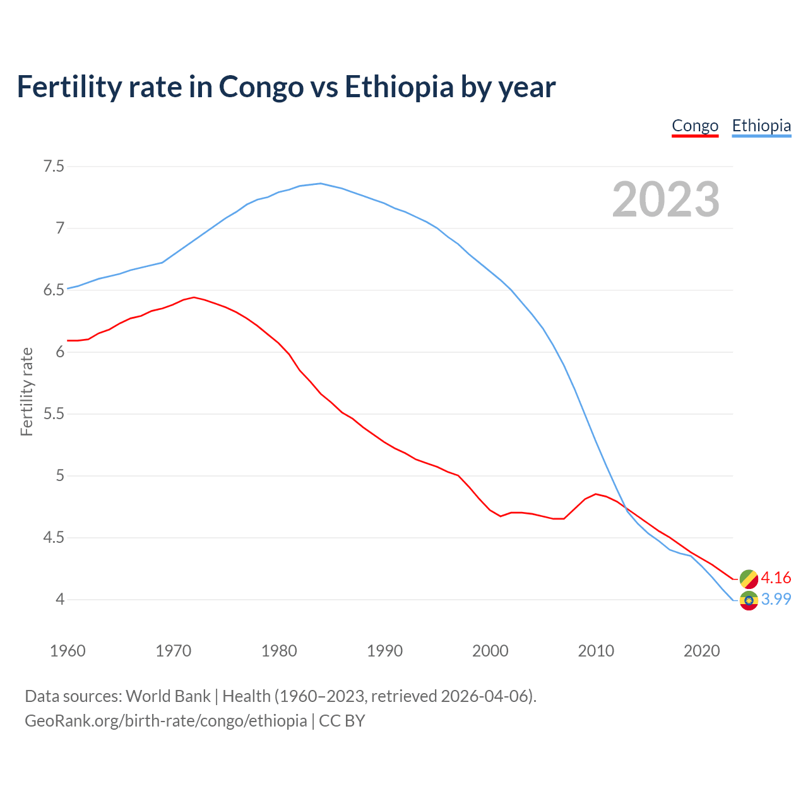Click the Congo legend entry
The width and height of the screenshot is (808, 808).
pos(695,126)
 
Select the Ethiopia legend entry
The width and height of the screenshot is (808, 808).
pos(761,126)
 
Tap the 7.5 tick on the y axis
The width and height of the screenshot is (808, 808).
pos(54,167)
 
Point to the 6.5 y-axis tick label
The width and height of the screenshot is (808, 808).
pos(54,290)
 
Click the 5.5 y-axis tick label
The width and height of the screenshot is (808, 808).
pos(54,414)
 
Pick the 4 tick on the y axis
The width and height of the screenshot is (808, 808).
pos(60,599)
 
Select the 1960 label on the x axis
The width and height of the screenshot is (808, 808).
pos(68,651)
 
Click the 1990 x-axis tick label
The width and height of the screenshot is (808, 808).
pos(384,651)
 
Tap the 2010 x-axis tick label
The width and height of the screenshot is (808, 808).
pos(596,651)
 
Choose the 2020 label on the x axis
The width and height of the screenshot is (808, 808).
pos(701,651)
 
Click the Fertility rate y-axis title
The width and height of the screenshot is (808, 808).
pos(27,391)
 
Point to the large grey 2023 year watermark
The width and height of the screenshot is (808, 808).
pos(666,199)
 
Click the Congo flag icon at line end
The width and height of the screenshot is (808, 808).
pos(749,578)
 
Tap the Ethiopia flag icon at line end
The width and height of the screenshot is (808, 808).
pos(749,600)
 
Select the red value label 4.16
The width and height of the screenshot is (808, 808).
pos(776,578)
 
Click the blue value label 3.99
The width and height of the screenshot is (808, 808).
pos(776,599)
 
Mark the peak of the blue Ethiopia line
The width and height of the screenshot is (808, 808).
pos(321,183)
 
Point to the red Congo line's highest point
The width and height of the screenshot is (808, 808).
pos(194,297)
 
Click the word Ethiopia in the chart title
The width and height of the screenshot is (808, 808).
pos(399,86)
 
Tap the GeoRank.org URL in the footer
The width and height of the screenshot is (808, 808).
pos(165,721)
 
